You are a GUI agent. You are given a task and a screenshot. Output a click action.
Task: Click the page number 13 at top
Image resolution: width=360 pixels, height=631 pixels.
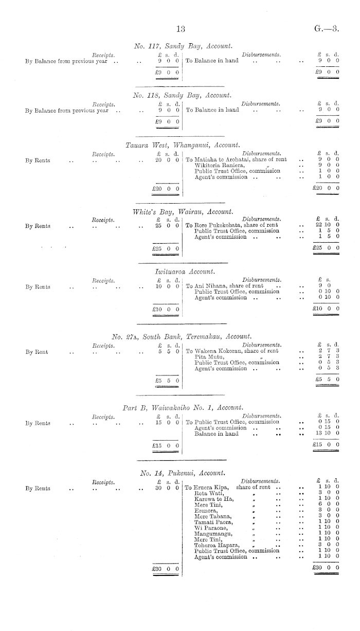(180, 29)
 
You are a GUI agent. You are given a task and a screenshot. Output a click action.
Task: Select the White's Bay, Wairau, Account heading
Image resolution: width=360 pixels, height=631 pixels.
(183, 211)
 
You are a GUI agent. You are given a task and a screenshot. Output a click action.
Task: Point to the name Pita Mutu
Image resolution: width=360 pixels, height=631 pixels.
(206, 356)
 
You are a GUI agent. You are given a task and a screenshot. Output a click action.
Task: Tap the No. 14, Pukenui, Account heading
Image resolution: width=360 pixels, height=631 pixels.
(183, 473)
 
